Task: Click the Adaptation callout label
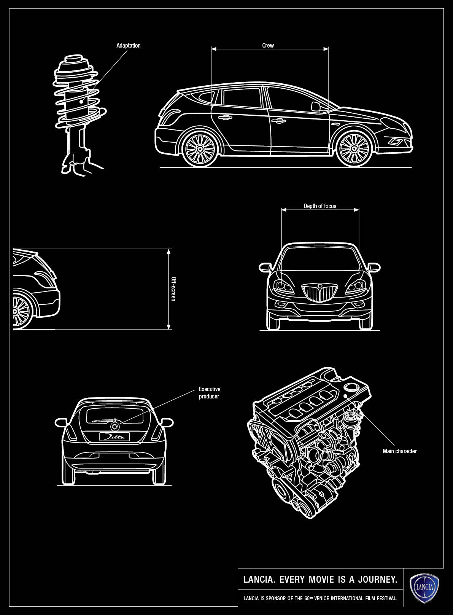pos(128,46)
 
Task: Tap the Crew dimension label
pos(268,46)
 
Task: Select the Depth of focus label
pos(319,206)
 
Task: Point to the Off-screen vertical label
pos(173,289)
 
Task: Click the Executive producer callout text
pos(209,393)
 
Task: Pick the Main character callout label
pos(399,451)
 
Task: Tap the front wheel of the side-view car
pos(354,148)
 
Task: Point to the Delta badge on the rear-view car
pos(114,437)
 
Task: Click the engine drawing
pos(308,441)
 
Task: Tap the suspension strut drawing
pos(78,114)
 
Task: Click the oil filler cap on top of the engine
pos(350,387)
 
